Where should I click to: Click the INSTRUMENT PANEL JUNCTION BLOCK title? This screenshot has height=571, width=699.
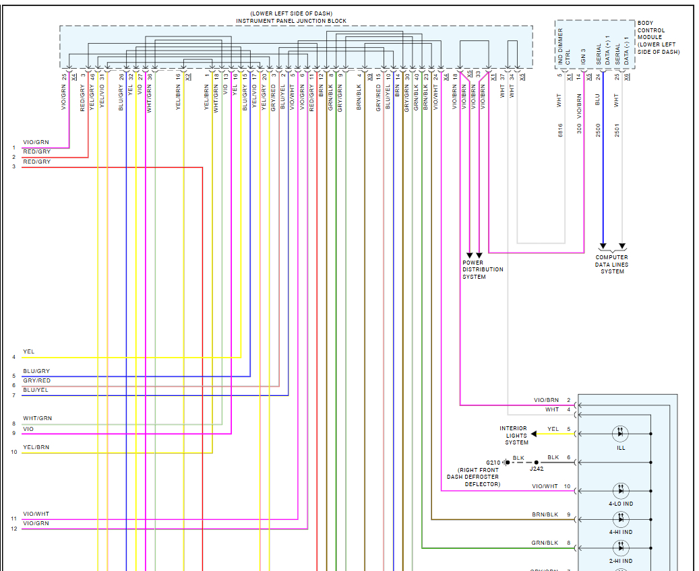tap(291, 21)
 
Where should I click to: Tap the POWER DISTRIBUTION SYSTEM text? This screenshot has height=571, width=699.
tap(483, 269)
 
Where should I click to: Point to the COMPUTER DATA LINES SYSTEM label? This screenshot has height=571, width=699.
tap(611, 265)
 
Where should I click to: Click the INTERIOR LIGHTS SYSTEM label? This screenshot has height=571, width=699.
tap(514, 435)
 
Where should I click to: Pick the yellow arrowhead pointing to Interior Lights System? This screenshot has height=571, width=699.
tap(534, 434)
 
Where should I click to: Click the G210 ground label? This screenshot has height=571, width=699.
tap(493, 463)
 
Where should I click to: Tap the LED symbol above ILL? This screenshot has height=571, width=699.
tap(620, 433)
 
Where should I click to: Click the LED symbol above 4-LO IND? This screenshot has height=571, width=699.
tap(620, 490)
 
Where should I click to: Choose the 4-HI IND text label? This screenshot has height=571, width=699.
tap(621, 532)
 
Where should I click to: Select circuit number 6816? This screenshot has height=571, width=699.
tap(560, 131)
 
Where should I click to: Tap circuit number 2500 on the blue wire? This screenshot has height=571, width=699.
tap(598, 131)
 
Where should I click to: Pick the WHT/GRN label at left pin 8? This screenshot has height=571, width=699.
tap(37, 418)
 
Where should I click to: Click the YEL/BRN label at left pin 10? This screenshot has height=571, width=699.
tap(36, 447)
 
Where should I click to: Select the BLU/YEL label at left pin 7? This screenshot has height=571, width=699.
tap(36, 390)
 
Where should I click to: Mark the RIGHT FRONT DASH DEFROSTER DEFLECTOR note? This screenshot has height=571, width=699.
tap(473, 477)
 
